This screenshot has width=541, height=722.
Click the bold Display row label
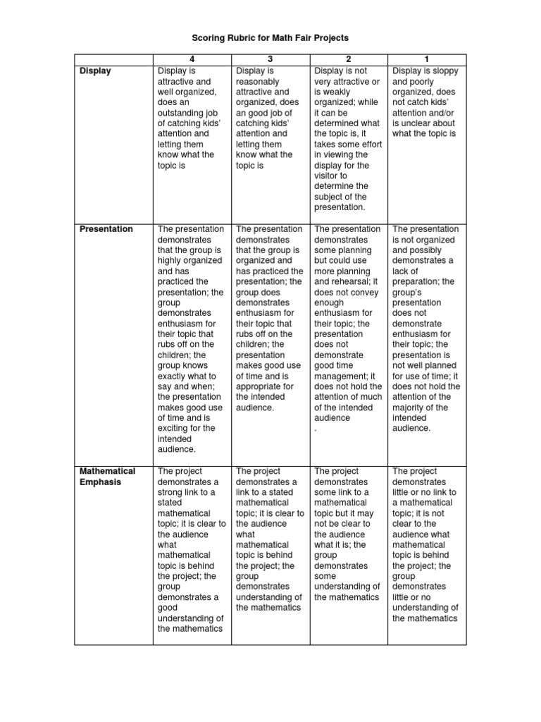pyautogui.click(x=95, y=71)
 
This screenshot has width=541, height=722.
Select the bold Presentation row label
pyautogui.click(x=106, y=229)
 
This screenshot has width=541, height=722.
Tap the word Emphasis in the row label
pyautogui.click(x=101, y=482)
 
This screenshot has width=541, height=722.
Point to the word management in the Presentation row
pyautogui.click(x=341, y=376)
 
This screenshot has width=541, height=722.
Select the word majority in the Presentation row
pyautogui.click(x=411, y=408)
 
